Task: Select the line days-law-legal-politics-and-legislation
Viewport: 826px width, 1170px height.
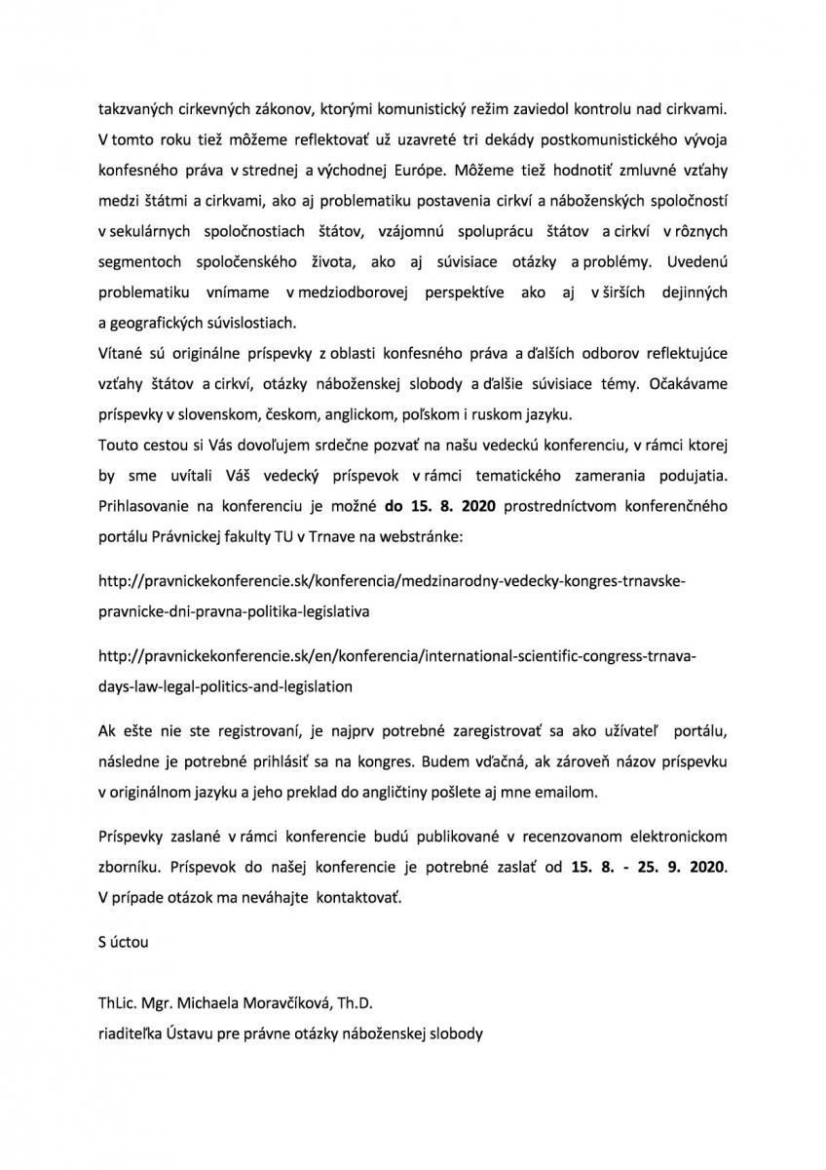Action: (226, 685)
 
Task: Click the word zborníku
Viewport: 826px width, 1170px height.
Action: (133, 865)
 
